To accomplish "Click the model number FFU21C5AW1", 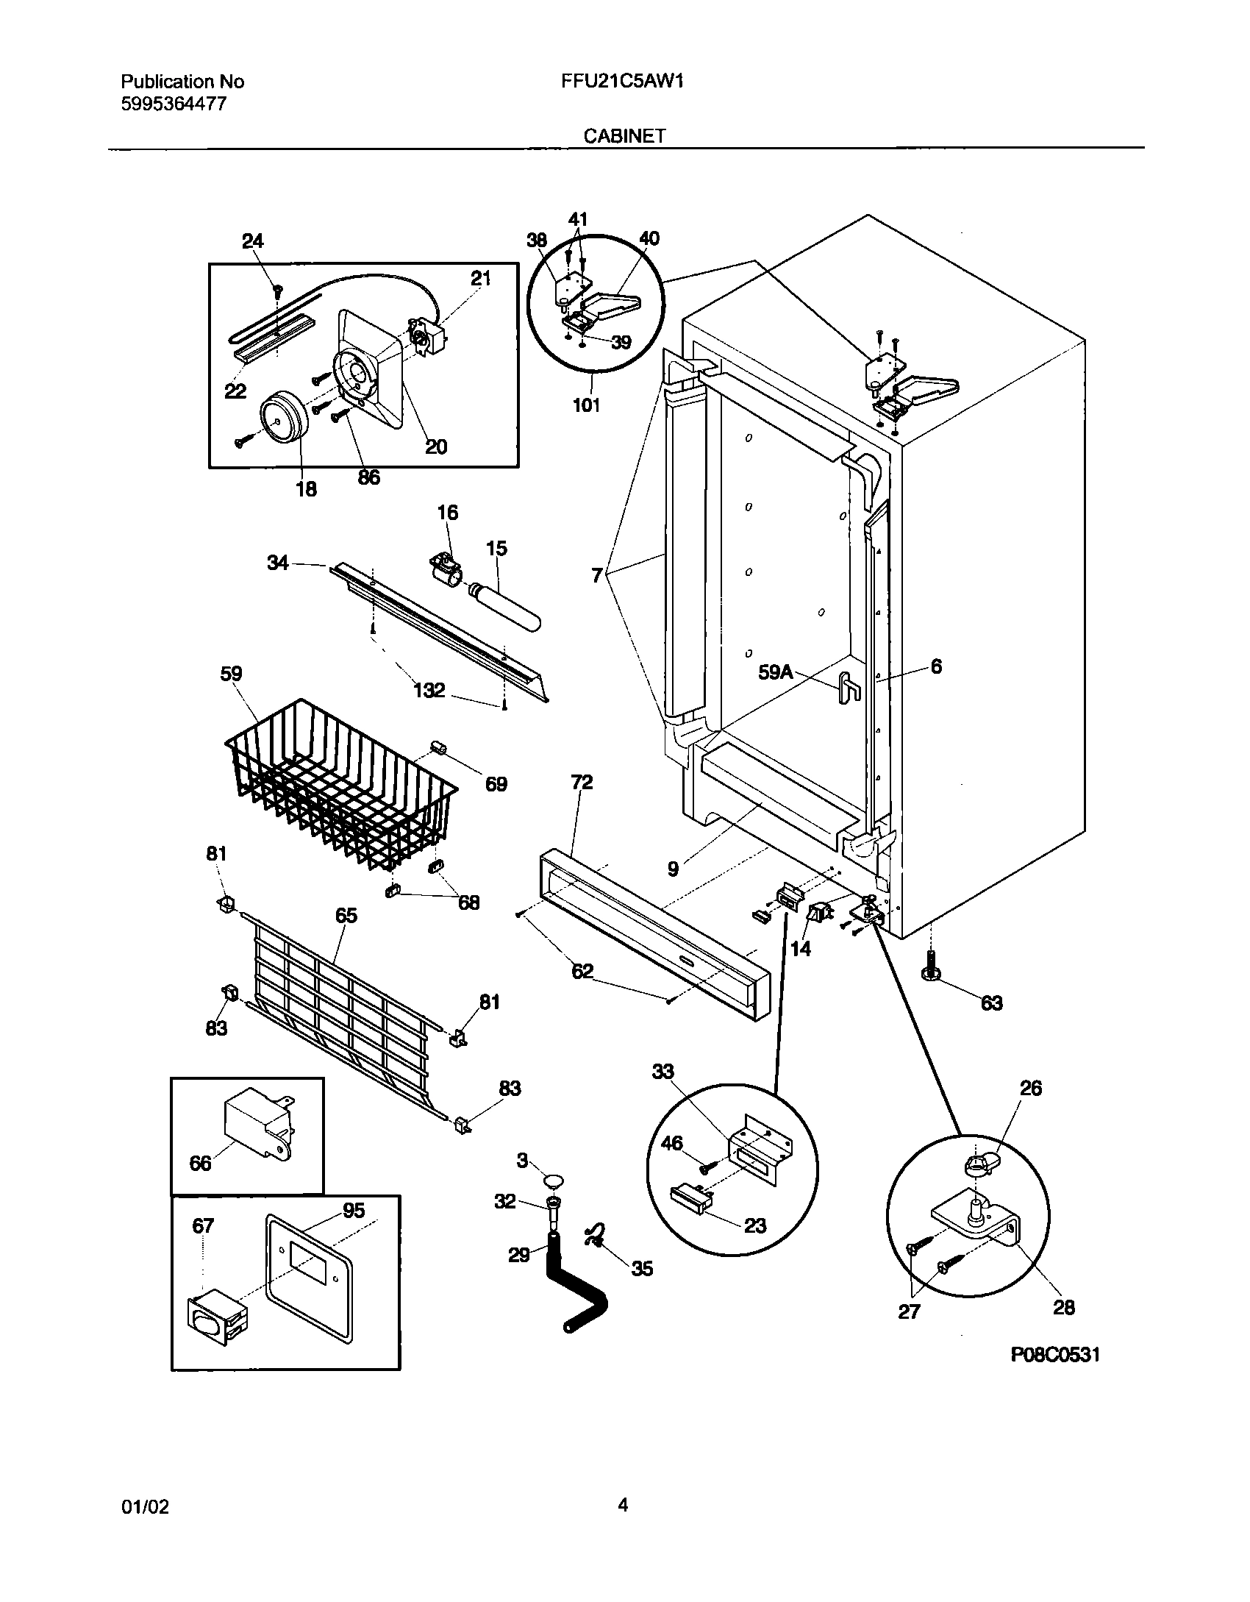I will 622,82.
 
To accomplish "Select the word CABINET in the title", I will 624,136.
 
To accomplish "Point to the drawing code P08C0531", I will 1055,1355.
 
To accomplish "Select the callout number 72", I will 581,782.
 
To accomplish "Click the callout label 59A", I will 774,672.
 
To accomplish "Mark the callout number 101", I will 586,405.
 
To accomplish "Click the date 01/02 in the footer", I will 144,1507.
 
